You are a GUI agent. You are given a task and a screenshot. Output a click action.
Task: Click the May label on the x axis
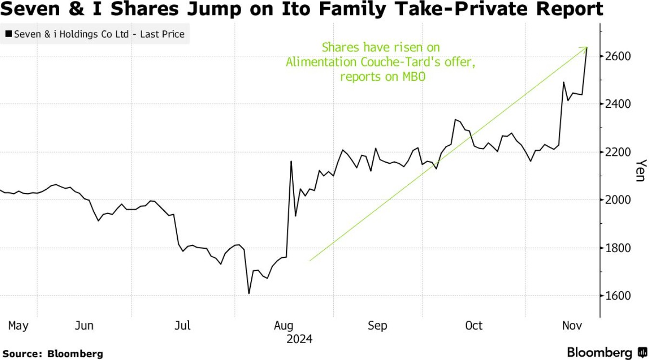point(18,326)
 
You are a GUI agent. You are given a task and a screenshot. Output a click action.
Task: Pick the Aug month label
point(283,326)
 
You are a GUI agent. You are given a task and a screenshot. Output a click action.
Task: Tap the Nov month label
point(572,326)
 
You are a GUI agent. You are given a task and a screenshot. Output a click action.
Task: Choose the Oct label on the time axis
point(474,326)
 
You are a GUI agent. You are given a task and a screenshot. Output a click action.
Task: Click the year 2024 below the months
point(299,339)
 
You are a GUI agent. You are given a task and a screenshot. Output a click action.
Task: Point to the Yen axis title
point(640,170)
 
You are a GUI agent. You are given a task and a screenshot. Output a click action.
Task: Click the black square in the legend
point(9,34)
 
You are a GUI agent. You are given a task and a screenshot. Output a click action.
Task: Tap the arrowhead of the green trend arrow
point(586,48)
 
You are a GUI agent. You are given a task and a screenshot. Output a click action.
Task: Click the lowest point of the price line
point(249,293)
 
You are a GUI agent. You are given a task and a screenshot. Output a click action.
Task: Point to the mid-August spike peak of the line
point(291,161)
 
